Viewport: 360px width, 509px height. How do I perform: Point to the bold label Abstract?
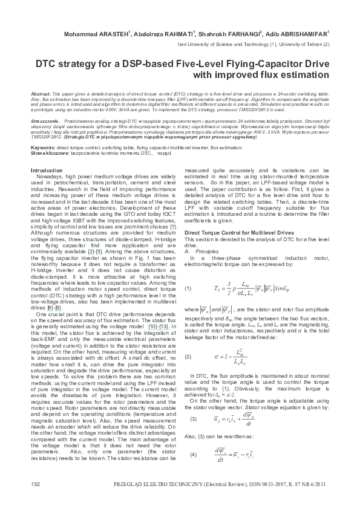coord(40,96)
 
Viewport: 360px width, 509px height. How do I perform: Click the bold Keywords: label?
coord(44,147)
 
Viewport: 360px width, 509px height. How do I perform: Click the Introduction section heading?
coord(46,171)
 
